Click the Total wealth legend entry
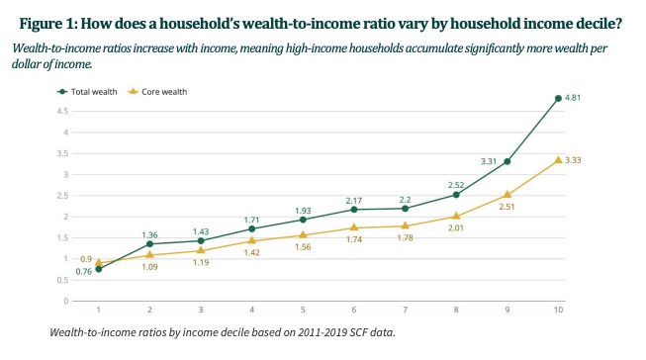click(x=94, y=91)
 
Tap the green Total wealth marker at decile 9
click(x=508, y=161)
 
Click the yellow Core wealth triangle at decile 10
click(x=559, y=160)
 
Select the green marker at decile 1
click(x=99, y=269)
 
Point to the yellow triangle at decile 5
click(x=303, y=235)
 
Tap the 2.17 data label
click(x=354, y=198)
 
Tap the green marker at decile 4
click(x=252, y=228)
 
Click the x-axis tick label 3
click(x=201, y=310)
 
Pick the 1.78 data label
click(x=406, y=239)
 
